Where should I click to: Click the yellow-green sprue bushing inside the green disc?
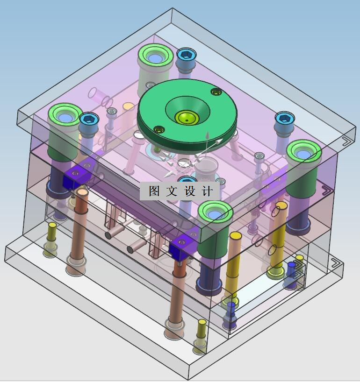[x=187, y=118]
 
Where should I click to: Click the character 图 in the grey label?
[x=154, y=191]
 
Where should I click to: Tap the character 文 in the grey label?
[x=172, y=191]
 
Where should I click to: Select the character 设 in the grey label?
[x=189, y=191]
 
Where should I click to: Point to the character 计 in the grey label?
[x=207, y=191]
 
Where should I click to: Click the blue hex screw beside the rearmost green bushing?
[x=187, y=56]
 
